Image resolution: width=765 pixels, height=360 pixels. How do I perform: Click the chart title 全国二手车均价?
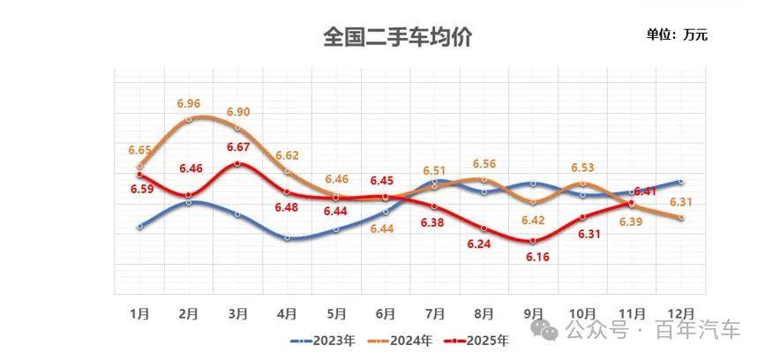(x=398, y=38)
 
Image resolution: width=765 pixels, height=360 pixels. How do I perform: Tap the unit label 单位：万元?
(x=677, y=35)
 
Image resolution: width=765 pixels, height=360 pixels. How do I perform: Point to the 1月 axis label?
(x=139, y=313)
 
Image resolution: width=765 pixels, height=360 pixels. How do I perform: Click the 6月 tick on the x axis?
(x=385, y=313)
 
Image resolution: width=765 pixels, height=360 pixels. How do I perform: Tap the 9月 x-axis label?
(x=532, y=313)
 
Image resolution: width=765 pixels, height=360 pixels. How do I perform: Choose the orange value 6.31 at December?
(x=679, y=202)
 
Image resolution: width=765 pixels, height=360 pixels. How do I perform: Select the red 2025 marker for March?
(x=238, y=163)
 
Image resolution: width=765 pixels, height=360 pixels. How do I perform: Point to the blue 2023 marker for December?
(x=680, y=182)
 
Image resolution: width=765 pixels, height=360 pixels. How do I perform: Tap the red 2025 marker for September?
(x=533, y=240)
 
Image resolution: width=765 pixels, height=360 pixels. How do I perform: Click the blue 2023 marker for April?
(x=288, y=238)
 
